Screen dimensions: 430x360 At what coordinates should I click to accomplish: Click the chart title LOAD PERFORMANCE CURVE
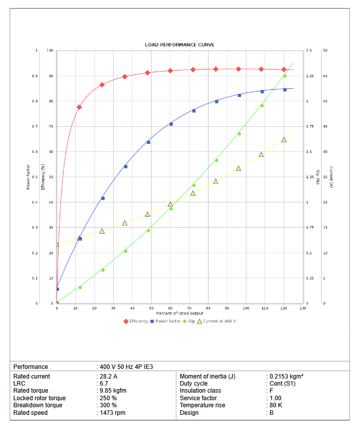point(179,45)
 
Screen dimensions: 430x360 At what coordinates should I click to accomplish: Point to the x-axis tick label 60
point(170,308)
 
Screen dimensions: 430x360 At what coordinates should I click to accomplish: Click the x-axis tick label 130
point(302,308)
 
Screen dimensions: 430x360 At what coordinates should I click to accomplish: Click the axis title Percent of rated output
point(179,313)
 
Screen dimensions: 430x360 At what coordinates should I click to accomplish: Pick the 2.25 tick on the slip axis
point(310,76)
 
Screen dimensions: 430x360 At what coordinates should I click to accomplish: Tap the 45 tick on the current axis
point(325,76)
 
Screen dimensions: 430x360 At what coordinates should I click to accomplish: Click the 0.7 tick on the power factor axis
point(35,127)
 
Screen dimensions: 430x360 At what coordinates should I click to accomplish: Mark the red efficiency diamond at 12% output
point(79,107)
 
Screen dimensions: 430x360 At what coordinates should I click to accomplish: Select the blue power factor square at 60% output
point(171,124)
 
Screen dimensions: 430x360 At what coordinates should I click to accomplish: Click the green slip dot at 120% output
point(285,76)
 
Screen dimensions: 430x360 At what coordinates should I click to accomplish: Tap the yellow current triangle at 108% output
point(262,154)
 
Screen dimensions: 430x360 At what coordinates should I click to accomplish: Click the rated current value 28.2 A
point(109,377)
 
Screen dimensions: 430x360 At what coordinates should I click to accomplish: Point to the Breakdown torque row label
point(38,405)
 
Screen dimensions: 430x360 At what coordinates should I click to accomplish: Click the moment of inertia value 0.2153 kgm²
point(286,377)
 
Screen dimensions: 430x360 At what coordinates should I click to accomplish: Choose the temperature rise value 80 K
point(276,405)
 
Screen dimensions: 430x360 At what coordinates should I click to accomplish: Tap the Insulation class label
point(200,391)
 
